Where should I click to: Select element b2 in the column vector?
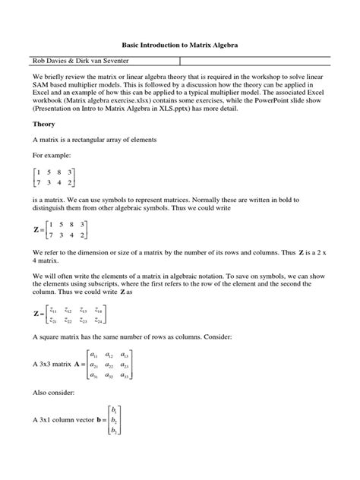114,418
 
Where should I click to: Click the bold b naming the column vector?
100,419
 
